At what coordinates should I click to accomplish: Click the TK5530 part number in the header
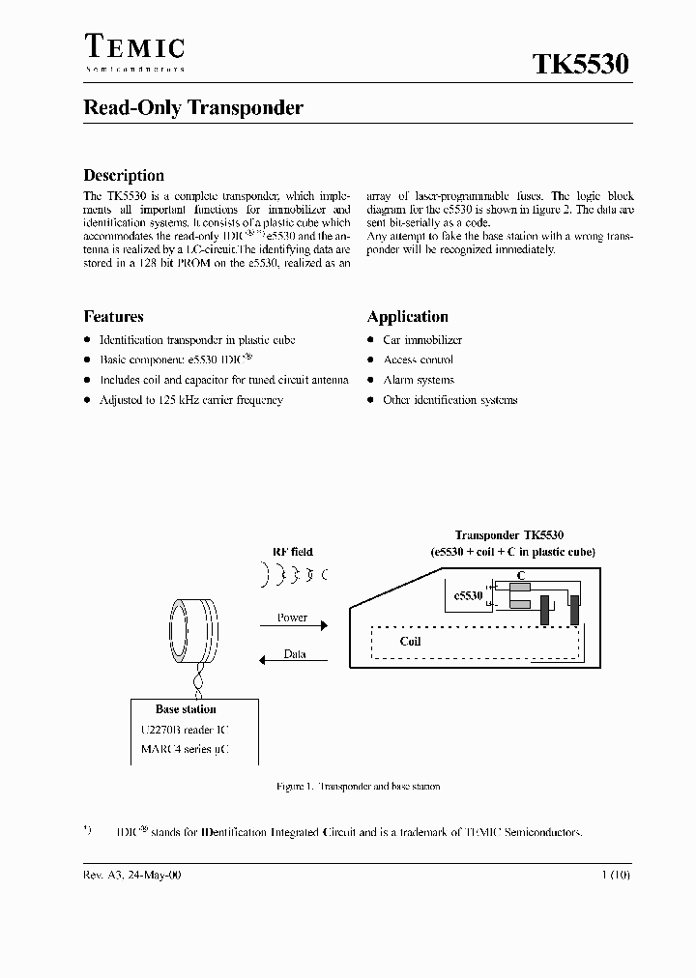point(581,64)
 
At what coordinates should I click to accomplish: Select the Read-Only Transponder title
point(193,108)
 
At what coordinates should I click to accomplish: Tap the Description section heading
point(124,176)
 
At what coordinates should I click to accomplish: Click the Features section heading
point(114,317)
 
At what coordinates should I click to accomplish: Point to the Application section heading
point(408,317)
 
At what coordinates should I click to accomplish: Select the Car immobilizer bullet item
point(422,340)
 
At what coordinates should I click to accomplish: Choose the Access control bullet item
point(419,360)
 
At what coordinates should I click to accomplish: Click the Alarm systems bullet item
point(419,380)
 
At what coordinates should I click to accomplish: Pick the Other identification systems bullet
point(449,400)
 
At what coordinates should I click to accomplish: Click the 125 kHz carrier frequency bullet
point(191,400)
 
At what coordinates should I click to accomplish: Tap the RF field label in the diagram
point(292,552)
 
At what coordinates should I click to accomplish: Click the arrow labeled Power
point(294,625)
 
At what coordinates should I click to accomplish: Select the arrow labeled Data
point(294,661)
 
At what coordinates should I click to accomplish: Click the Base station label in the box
point(186,709)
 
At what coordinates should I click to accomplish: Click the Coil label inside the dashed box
point(410,642)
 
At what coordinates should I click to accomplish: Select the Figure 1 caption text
point(358,787)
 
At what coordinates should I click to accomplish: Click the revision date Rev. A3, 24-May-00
point(131,875)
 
